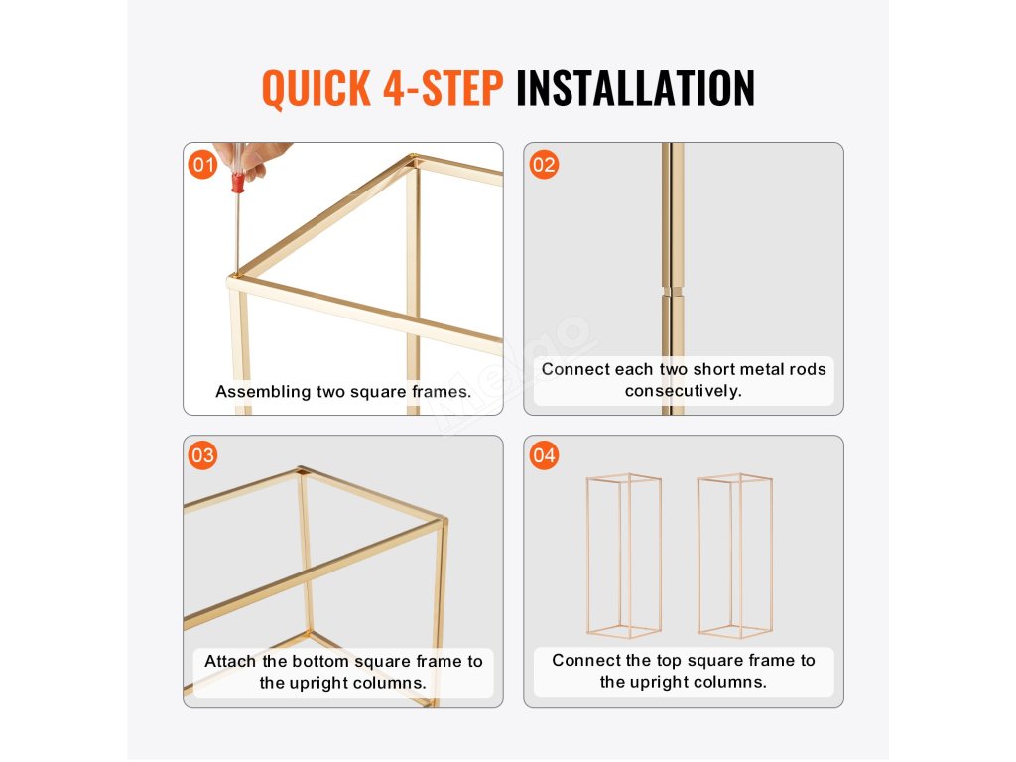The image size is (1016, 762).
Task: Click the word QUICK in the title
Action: pos(317,88)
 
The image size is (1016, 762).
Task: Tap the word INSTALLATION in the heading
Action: pos(636,88)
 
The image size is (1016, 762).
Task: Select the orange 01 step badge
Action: pos(202,164)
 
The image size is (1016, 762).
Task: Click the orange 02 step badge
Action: pos(544,164)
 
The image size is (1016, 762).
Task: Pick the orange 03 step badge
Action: pos(202,454)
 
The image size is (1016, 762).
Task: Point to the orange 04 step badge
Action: pos(544,454)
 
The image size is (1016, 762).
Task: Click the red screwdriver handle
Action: pos(238,183)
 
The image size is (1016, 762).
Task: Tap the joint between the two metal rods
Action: pos(673,292)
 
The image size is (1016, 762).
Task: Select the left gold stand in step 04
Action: pos(624,556)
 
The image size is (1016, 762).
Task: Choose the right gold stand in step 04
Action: pos(735,556)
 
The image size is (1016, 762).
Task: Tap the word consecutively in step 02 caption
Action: pos(683,391)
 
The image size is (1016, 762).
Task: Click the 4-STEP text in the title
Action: pos(444,88)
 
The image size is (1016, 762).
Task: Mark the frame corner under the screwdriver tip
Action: pos(235,278)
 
